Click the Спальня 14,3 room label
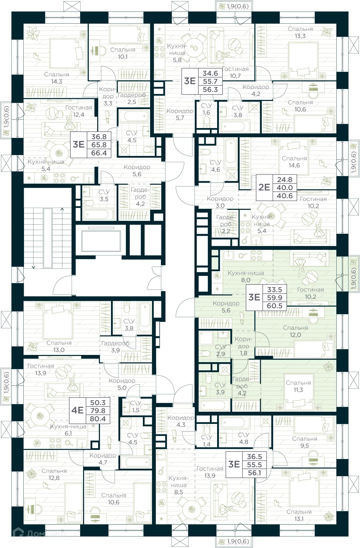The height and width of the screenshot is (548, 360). tap(57, 78)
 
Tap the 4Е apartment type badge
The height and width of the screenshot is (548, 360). tap(78, 410)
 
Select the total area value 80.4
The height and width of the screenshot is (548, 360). tap(98, 419)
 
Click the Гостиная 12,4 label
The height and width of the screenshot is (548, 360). tap(79, 111)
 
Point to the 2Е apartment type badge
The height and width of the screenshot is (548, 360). tap(264, 187)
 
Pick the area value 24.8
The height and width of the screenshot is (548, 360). tap(284, 180)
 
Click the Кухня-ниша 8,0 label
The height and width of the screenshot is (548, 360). tap(246, 276)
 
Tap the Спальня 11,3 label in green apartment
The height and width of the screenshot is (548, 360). tap(298, 386)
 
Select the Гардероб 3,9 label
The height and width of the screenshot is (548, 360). tap(115, 347)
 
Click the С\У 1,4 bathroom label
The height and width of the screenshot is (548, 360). tap(207, 441)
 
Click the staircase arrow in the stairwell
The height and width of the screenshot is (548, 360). tap(34, 267)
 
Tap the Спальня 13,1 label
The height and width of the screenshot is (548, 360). tap(299, 515)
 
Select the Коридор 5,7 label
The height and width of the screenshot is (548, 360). tap(180, 114)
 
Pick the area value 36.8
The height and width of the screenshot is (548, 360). tap(99, 137)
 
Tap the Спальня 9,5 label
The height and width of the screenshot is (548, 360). tap(304, 442)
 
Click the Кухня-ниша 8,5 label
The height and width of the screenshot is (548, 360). tap(179, 485)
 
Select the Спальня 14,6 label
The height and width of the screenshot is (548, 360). tap(294, 162)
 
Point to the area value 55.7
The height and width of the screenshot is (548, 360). tap(210, 81)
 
